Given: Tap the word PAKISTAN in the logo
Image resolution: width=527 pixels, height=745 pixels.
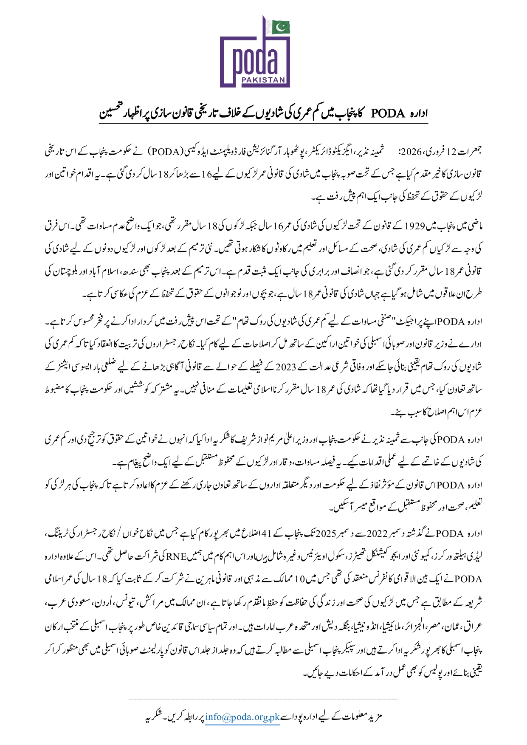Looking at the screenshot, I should (271, 80).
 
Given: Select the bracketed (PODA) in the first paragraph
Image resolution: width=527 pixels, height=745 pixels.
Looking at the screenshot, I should (165, 152).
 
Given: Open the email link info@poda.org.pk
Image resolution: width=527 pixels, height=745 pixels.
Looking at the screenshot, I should (242, 717).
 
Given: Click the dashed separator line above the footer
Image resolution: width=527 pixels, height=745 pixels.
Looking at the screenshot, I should (263, 698).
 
